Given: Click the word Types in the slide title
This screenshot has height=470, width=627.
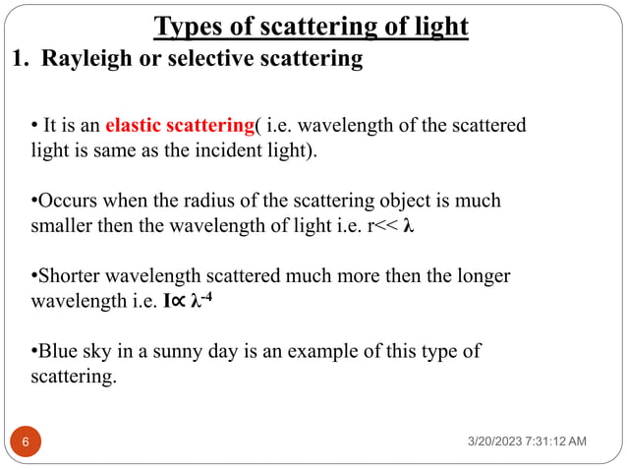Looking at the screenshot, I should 191,26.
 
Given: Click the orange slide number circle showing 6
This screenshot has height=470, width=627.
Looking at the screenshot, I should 25,443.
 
